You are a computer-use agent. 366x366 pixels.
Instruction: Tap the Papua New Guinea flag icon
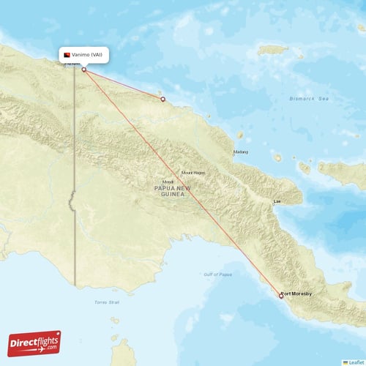(x=67, y=56)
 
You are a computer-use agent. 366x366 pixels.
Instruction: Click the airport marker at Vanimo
(x=83, y=70)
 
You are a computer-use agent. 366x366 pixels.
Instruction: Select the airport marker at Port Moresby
(x=280, y=296)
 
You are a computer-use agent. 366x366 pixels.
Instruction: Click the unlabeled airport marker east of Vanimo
(x=163, y=99)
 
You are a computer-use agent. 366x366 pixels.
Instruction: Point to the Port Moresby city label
(x=297, y=294)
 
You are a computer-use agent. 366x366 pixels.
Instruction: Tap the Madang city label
(x=240, y=152)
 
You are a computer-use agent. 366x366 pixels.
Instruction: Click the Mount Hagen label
(x=193, y=173)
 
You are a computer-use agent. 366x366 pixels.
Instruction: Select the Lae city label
(x=277, y=200)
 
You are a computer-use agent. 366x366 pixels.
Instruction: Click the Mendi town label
(x=168, y=182)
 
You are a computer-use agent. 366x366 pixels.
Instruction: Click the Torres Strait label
(x=105, y=302)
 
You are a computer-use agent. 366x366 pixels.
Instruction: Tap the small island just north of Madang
(x=240, y=135)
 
